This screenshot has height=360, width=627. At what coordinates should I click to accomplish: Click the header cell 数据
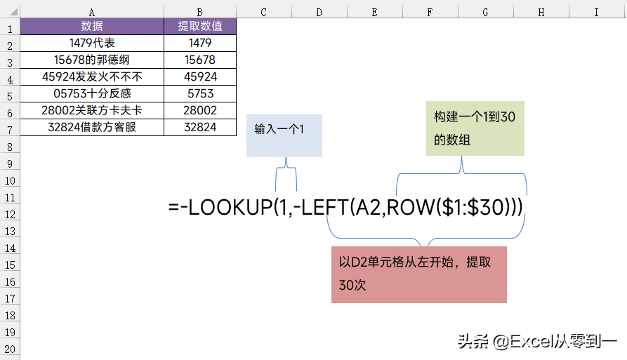pos(92,27)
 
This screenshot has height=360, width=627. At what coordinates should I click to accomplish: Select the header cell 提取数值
pos(200,27)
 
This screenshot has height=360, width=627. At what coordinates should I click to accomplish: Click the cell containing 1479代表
pos(92,43)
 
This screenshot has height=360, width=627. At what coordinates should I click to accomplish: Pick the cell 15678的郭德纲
pos(92,60)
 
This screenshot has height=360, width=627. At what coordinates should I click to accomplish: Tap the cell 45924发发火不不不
pos(92,76)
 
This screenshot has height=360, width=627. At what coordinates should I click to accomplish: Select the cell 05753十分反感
pos(92,93)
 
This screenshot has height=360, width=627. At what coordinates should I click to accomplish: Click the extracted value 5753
pos(200,93)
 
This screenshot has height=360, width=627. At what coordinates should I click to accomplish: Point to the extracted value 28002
pos(200,110)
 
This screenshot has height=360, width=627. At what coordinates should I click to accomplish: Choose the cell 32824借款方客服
pos(92,127)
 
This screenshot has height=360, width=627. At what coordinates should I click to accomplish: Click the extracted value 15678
pos(200,60)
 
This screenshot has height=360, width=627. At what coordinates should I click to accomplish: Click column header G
pos(485,12)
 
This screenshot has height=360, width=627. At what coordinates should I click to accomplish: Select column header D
pos(319,12)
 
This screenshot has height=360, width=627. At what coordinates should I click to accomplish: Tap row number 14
pos(10,248)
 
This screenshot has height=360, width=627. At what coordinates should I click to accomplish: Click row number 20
pos(10,349)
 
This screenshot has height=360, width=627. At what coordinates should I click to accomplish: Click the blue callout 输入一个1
pos(284,135)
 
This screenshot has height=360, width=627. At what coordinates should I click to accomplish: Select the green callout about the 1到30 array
pos(475,128)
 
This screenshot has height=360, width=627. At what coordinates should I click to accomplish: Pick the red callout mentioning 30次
pos(419,274)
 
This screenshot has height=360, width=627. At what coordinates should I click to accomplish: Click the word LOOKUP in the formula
pos(230,208)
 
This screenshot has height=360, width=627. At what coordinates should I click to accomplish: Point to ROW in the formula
pos(411,208)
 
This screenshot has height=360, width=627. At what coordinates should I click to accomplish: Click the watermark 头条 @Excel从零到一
pos(537,342)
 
